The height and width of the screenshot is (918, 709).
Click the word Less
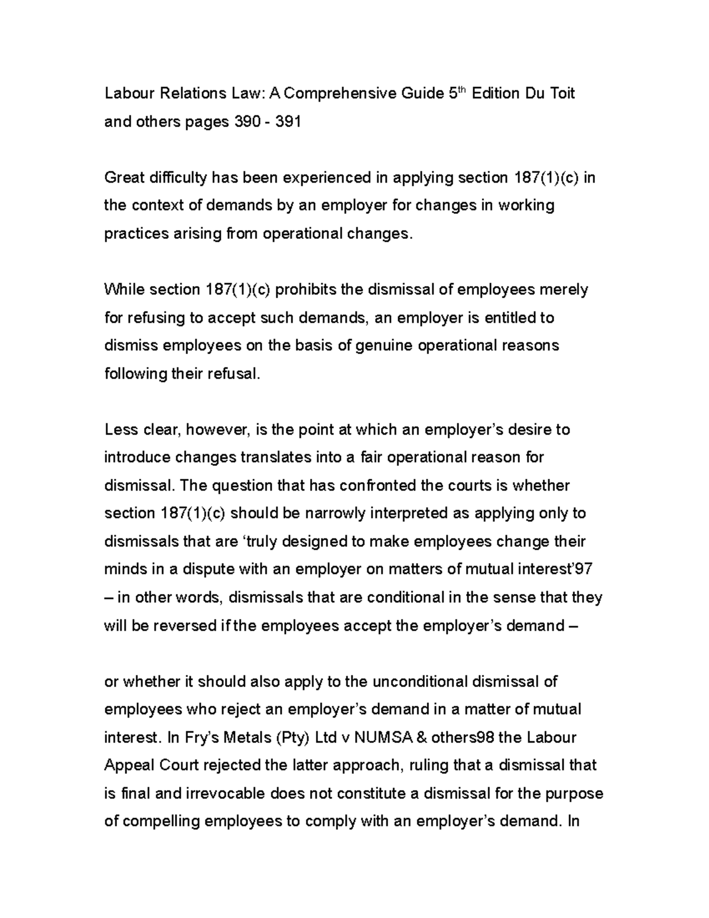[121, 430]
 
